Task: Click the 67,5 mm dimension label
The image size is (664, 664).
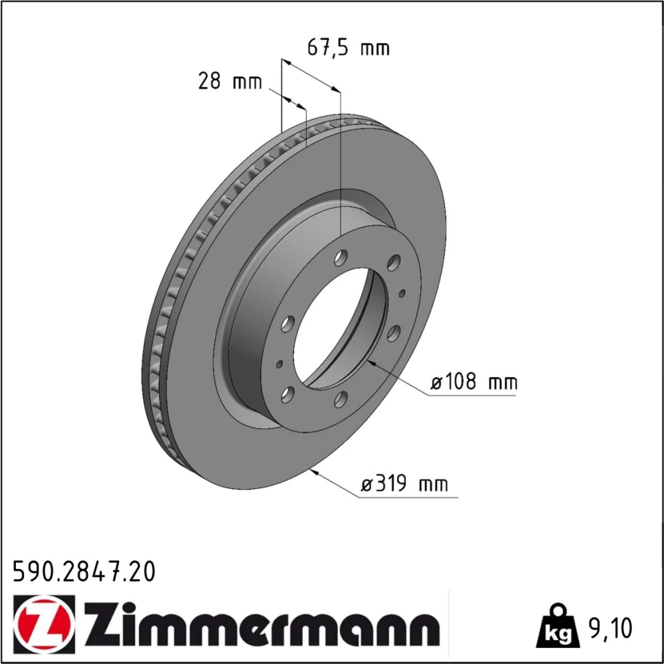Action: [x=348, y=47]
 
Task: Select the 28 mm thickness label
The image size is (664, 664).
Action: [x=230, y=80]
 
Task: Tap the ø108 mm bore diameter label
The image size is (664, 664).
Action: [x=474, y=382]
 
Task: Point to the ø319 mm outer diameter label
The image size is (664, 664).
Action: [x=404, y=483]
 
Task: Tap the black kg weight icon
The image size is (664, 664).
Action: [x=557, y=627]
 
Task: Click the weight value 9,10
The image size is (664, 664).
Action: [x=610, y=628]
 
